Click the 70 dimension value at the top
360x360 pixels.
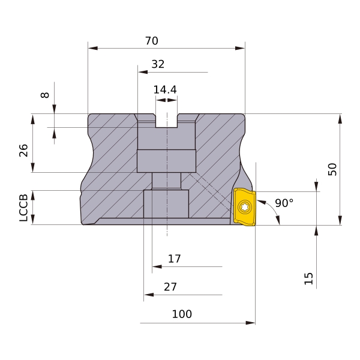point(152,41)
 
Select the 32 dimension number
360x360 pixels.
point(158,64)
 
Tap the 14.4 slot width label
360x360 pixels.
point(165,90)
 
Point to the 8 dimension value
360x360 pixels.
point(45,95)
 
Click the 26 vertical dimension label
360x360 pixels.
point(23,151)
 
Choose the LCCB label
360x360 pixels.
point(23,208)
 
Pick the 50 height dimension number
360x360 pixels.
point(332,169)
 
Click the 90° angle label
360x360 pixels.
point(284,203)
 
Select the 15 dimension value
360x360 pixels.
point(308,279)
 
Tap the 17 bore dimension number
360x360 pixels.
point(175,259)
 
